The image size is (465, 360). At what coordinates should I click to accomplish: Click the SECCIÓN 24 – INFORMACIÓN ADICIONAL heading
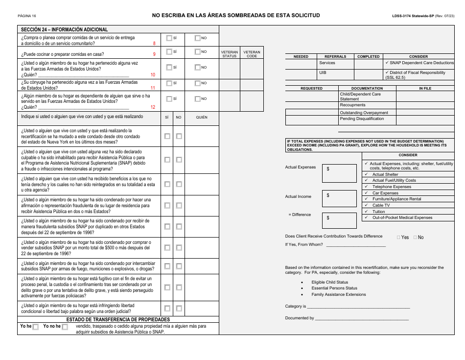pos(64,29)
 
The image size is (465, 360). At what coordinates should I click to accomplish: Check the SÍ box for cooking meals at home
pos(169,52)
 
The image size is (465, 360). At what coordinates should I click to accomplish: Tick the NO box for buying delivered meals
pos(198,38)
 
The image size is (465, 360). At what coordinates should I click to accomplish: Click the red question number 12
pos(153,107)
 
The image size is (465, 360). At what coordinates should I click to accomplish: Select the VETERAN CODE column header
pos(252,54)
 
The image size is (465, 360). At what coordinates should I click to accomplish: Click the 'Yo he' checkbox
pos(35,327)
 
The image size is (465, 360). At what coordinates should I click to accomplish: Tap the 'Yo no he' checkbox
pos(65,327)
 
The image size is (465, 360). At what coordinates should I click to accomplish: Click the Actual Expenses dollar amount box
pos(339,173)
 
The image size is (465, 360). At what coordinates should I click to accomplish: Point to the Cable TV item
pos(381,205)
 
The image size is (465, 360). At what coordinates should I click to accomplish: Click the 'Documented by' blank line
pos(362,318)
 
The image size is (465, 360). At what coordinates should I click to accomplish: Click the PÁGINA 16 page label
pos(27,16)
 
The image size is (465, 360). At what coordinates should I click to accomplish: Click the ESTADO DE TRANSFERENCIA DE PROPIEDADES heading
pos(118,319)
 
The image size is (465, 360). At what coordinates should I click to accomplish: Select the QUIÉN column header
pos(202,118)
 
